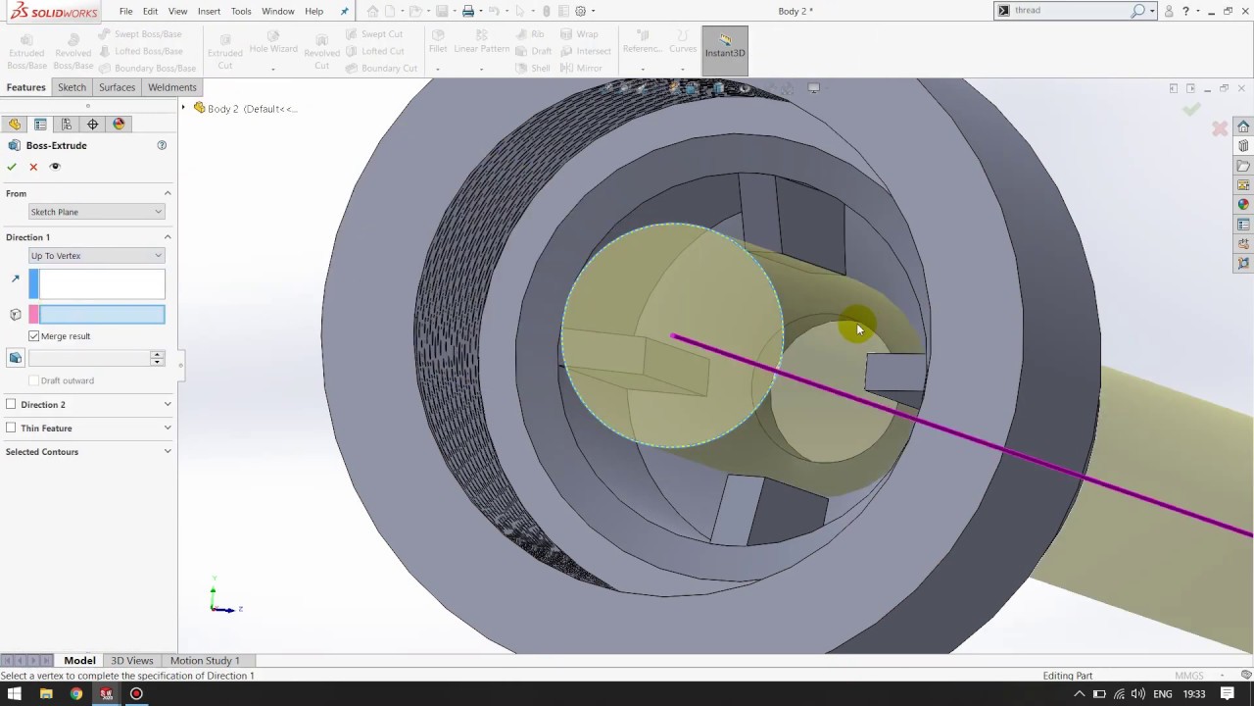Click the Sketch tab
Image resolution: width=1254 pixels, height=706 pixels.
click(72, 87)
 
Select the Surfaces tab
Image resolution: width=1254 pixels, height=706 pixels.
click(117, 87)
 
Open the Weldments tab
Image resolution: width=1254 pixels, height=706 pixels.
click(171, 87)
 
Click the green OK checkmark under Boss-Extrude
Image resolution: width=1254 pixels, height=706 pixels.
click(12, 167)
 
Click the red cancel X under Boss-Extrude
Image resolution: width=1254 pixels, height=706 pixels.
click(33, 167)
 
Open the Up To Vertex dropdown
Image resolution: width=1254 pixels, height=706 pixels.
click(96, 256)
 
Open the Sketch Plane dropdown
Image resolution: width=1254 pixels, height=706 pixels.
click(96, 212)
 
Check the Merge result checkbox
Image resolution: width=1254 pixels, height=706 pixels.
click(34, 336)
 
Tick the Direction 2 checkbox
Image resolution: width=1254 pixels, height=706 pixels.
click(11, 404)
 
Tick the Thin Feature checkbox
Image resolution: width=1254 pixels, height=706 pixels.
click(11, 428)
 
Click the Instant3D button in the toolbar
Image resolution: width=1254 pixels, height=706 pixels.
click(725, 47)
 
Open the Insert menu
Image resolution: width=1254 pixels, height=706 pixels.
click(209, 11)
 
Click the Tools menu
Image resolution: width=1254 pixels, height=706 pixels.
click(241, 11)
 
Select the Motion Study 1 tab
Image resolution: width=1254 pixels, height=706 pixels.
click(205, 661)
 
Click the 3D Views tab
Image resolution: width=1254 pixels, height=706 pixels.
click(131, 661)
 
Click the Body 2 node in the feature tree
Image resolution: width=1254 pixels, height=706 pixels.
click(222, 109)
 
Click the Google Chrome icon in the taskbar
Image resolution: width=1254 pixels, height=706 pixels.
click(76, 694)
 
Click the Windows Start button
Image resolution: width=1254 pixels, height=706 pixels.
click(15, 694)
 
